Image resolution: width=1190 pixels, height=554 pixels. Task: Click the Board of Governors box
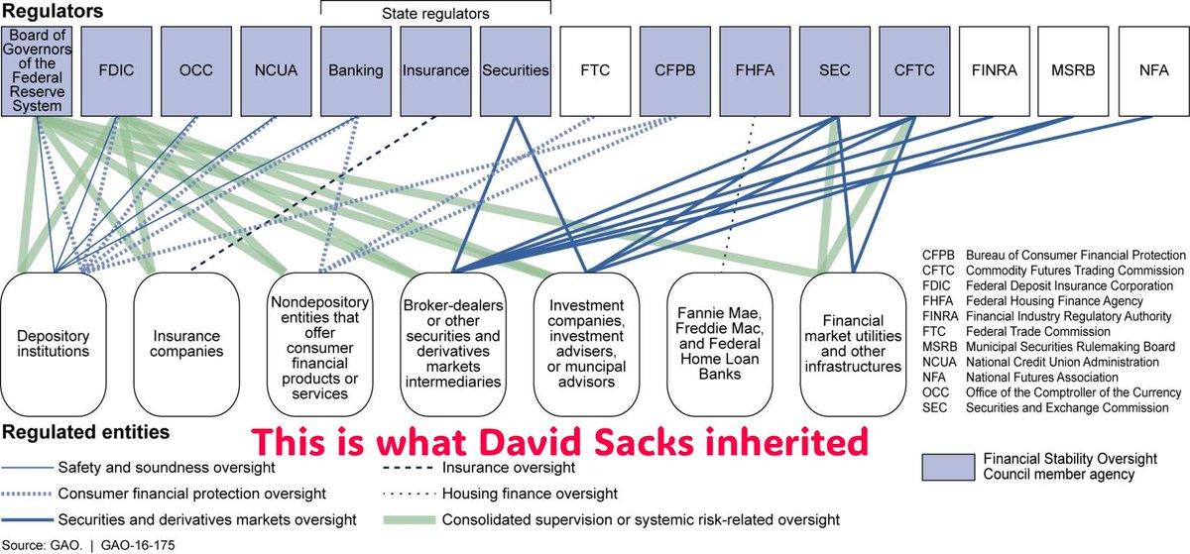(x=36, y=71)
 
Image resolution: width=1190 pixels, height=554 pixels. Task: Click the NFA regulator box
(x=1152, y=71)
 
